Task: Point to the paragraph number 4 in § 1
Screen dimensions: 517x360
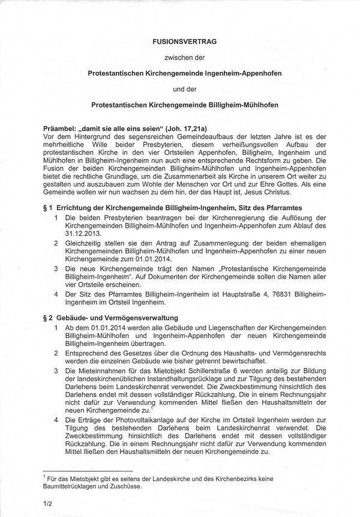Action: click(x=56, y=295)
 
